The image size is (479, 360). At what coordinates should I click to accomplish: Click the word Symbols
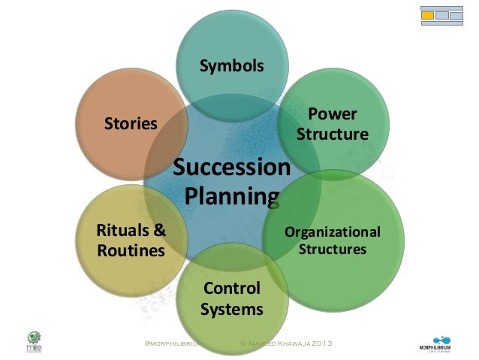[231, 66]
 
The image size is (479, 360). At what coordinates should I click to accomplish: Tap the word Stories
[131, 123]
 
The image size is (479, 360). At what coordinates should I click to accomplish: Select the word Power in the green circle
[333, 114]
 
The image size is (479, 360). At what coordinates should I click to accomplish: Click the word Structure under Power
[333, 135]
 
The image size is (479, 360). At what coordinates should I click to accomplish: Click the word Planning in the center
[231, 196]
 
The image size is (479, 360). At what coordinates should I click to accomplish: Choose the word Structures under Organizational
[333, 249]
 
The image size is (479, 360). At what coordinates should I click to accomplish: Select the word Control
[232, 288]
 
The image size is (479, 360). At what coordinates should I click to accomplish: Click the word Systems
[232, 309]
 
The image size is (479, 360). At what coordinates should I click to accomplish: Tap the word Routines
[131, 250]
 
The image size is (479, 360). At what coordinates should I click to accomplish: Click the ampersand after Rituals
[158, 229]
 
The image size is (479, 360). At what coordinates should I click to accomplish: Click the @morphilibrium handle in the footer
[174, 343]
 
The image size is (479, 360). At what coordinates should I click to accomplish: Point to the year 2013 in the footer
[318, 343]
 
